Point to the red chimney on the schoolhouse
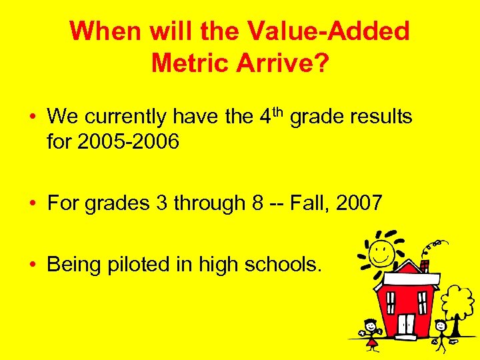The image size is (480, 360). (x=423, y=265)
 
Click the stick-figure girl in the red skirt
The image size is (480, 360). (x=370, y=334)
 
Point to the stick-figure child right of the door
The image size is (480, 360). (x=440, y=333)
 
